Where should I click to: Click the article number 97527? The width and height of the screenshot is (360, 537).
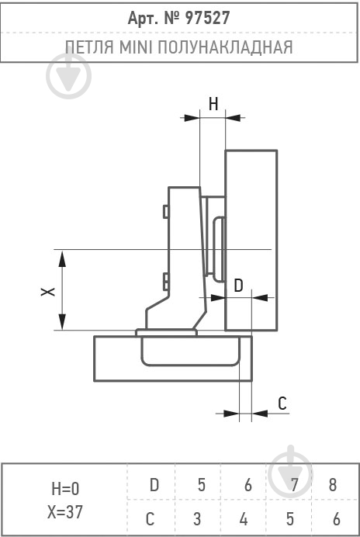coord(207,18)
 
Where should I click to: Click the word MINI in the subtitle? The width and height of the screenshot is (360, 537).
coord(136,47)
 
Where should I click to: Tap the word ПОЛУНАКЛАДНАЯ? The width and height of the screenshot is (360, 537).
coord(225,47)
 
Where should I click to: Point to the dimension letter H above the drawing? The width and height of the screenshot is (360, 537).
coord(213,104)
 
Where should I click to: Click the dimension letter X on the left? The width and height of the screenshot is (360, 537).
coord(48,292)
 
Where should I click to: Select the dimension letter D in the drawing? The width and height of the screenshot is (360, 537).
coord(238,286)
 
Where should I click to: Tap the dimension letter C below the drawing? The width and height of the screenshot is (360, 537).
coord(282,404)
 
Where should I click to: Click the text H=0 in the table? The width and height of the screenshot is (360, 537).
coord(65,489)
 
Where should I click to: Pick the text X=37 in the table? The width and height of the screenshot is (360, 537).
coord(65,512)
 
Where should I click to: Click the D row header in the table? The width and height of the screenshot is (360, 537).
coord(154,485)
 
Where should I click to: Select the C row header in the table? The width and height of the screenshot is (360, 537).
coord(150,519)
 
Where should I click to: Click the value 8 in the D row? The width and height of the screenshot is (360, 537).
coord(333,485)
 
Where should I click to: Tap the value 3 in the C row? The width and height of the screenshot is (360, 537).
coord(196,519)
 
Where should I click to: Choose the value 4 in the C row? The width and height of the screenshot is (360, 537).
coord(244,519)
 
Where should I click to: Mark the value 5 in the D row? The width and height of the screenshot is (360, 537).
coord(202,485)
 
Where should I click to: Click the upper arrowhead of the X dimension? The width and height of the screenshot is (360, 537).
coord(62,258)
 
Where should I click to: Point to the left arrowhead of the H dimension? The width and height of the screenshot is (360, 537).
coord(192,118)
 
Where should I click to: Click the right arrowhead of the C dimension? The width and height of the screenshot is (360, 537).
coord(260,414)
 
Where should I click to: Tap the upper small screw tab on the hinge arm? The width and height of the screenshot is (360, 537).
coord(165,212)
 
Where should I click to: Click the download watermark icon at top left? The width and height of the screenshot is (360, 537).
coord(68,75)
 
